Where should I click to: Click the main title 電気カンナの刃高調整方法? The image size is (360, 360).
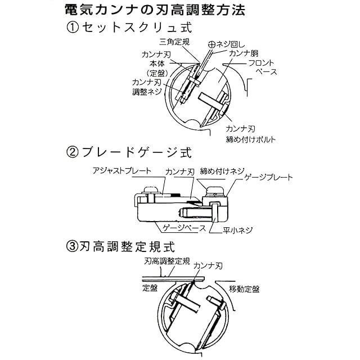[x=155, y=10]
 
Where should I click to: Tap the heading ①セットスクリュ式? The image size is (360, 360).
[x=129, y=28]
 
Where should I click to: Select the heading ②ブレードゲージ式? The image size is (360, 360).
[x=129, y=152]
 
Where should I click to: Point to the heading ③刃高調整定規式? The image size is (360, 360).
[x=120, y=246]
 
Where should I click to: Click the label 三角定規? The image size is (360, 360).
[x=174, y=42]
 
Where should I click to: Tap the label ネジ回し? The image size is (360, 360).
[x=231, y=44]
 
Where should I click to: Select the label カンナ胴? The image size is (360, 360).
[x=244, y=53]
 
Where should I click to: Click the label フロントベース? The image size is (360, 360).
[x=263, y=67]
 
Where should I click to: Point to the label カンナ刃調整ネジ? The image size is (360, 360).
[x=147, y=87]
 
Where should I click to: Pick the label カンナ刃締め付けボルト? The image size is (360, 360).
[x=250, y=134]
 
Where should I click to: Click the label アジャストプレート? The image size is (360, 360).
[x=122, y=171]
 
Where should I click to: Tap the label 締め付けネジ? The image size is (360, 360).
[x=222, y=171]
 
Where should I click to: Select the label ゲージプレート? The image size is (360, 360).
[x=268, y=177]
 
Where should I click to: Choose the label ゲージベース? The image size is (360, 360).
[x=184, y=228]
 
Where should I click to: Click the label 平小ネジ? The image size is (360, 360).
[x=237, y=230]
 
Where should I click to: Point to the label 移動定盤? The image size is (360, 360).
[x=244, y=289]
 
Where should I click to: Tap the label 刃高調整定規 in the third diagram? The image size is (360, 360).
[x=167, y=261]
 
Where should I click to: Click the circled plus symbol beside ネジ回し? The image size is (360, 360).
[x=212, y=44]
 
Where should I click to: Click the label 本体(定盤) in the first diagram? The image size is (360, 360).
[x=157, y=67]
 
